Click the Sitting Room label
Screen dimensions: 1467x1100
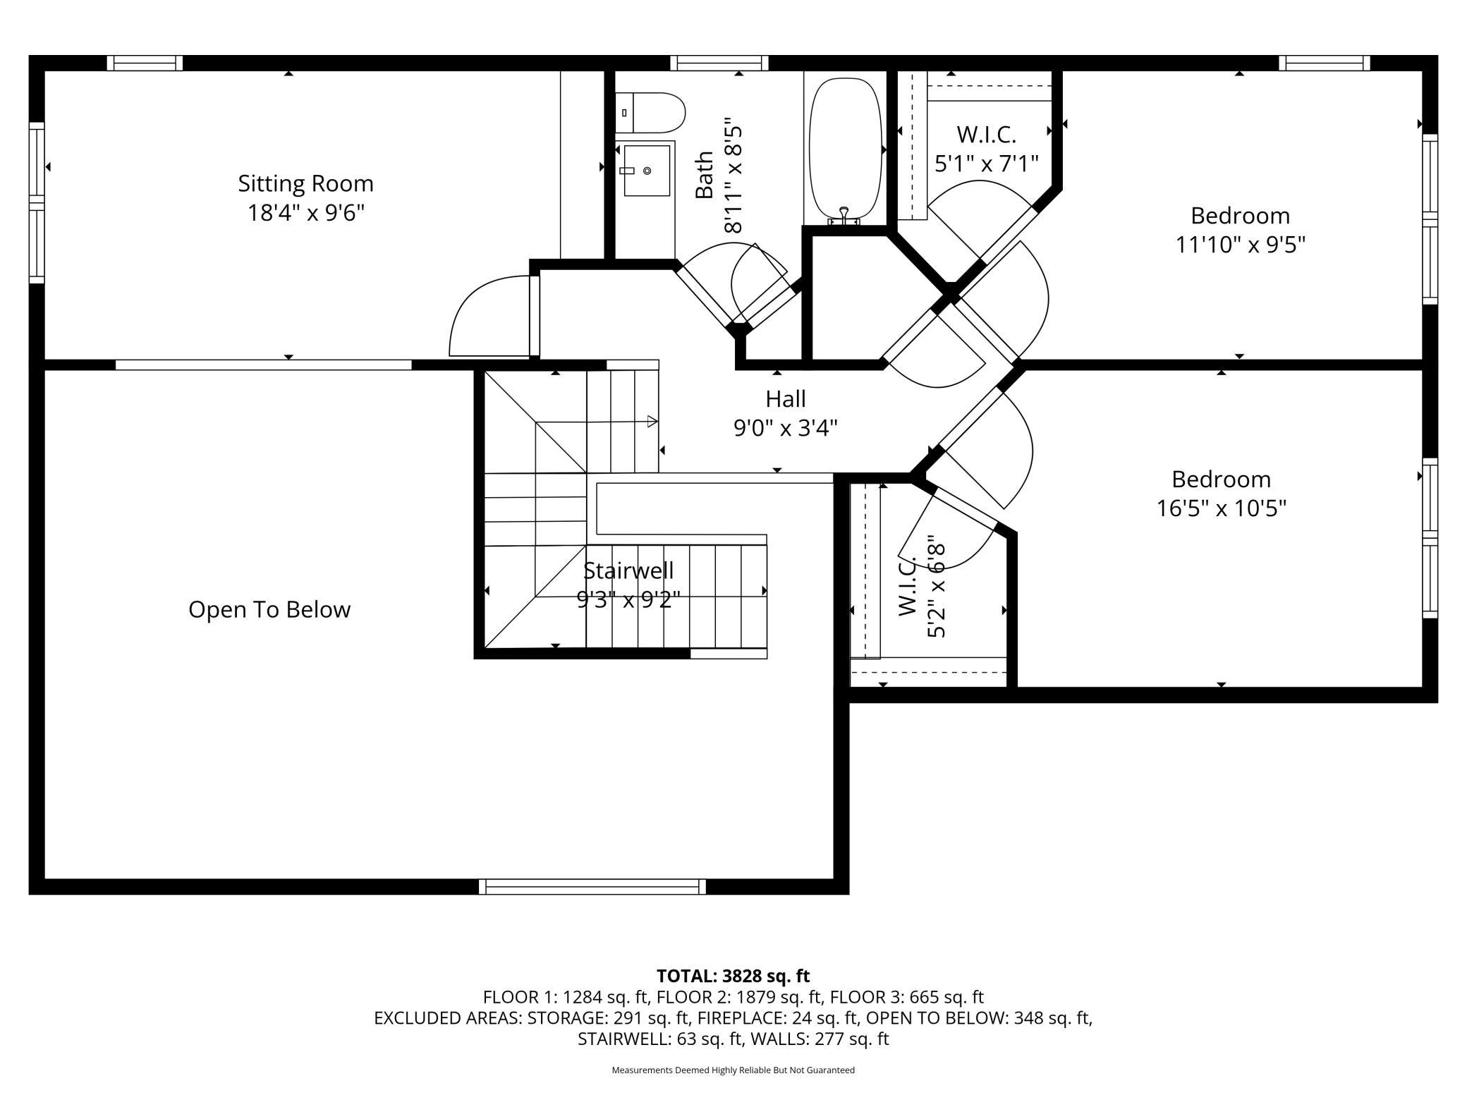[305, 183]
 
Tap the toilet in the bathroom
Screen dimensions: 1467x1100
[650, 113]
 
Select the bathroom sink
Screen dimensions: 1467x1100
[645, 171]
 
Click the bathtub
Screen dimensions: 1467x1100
[845, 149]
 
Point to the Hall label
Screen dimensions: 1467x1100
[786, 399]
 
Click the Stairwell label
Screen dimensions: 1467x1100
[628, 570]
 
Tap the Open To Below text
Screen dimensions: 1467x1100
[269, 609]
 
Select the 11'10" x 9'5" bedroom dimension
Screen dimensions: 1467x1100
[1240, 245]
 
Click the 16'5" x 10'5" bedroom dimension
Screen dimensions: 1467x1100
[1222, 508]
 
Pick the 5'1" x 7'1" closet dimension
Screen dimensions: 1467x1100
[987, 164]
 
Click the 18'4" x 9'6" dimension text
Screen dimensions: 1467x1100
[305, 212]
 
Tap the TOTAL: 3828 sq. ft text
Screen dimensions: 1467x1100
[733, 976]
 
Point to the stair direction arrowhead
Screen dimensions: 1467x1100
[653, 422]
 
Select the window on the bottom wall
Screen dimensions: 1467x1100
[592, 886]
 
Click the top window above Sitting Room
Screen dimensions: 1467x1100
[145, 63]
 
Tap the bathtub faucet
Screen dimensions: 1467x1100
[844, 216]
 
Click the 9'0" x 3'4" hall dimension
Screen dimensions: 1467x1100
[786, 428]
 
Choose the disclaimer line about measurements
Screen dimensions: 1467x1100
[733, 1070]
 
